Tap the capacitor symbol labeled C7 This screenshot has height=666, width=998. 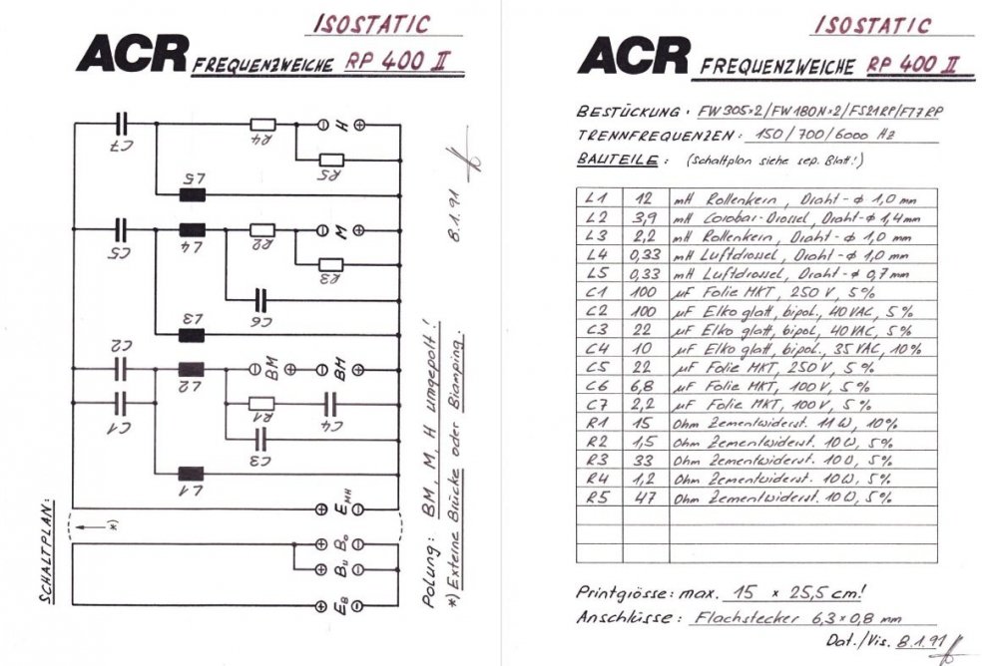point(121,124)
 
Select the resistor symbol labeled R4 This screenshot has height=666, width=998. point(262,125)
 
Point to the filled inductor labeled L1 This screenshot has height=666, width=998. point(191,474)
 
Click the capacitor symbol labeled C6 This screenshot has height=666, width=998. point(262,296)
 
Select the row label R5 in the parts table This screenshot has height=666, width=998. point(597,497)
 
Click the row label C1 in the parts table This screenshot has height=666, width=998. point(597,291)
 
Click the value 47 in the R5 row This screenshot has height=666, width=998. point(644,497)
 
